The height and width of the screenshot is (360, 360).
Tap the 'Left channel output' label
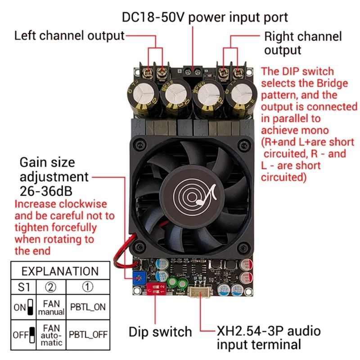[69, 36]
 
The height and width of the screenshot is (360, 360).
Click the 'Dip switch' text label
[160, 332]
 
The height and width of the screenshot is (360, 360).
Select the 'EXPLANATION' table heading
[60, 271]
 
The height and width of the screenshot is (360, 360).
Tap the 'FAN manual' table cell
[52, 307]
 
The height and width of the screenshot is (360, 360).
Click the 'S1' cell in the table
[24, 286]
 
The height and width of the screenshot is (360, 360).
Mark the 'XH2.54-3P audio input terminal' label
[269, 338]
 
